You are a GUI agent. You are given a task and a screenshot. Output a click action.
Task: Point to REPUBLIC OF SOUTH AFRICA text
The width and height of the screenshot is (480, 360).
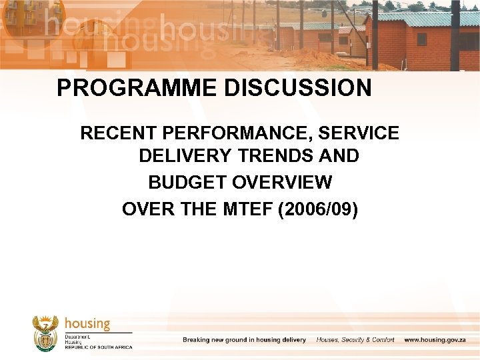point(98,347)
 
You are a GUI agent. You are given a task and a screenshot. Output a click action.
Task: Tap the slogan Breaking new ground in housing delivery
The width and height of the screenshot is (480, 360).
point(244,340)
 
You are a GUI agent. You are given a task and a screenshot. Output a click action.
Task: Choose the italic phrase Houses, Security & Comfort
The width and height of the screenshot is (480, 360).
point(355,340)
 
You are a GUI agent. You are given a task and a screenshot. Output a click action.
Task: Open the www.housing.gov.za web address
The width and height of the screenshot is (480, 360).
point(441,340)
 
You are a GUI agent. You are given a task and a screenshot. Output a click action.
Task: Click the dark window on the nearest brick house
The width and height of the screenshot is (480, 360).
point(421,39)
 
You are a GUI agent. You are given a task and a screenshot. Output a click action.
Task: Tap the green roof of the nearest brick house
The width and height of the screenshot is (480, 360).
point(427,18)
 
